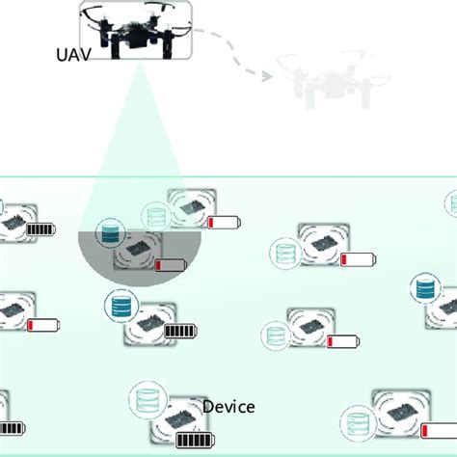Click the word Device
[228, 407]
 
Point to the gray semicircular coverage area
[135, 265]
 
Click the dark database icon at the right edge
[423, 288]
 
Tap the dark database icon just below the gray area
[120, 306]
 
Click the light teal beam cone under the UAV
[135, 154]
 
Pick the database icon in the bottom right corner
[356, 421]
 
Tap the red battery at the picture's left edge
[43, 326]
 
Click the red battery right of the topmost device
[224, 223]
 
